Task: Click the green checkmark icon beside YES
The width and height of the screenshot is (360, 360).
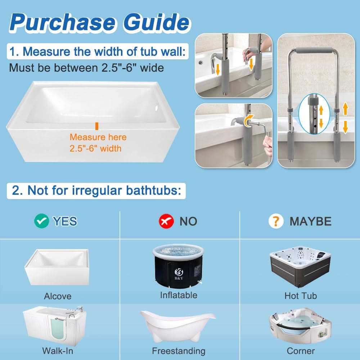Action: click(41, 221)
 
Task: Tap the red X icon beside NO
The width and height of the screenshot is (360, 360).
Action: click(166, 221)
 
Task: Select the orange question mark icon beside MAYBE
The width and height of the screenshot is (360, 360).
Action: click(276, 221)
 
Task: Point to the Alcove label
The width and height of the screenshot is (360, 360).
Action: click(58, 296)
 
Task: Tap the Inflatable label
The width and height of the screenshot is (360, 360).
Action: click(179, 295)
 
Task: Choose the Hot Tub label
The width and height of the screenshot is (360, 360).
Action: click(301, 296)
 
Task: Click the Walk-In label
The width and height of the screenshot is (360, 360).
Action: click(58, 351)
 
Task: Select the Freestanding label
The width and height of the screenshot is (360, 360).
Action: click(179, 351)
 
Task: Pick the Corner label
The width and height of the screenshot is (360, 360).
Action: click(301, 351)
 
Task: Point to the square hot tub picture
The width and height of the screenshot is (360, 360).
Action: click(300, 266)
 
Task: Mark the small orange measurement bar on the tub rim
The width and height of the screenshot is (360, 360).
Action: click(97, 126)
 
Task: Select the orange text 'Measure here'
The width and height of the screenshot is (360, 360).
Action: click(98, 137)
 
